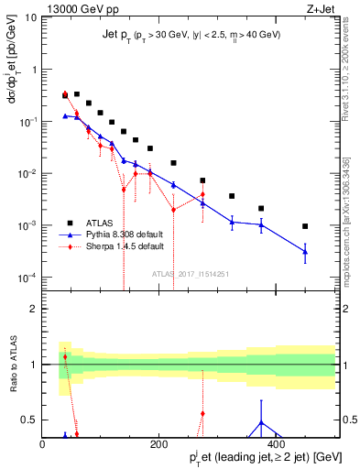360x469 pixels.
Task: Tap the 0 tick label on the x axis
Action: [x=43, y=443]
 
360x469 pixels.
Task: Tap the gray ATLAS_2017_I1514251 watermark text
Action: [x=189, y=274]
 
